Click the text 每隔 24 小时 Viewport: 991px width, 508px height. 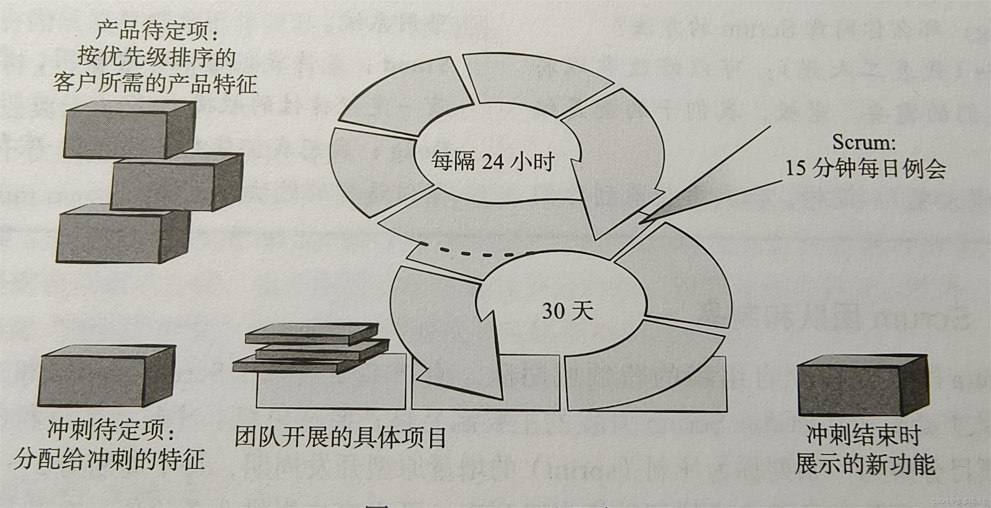click(x=493, y=162)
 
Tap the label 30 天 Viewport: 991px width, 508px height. click(x=568, y=311)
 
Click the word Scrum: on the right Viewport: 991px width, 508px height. click(x=864, y=142)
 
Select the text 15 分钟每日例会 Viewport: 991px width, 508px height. click(x=865, y=169)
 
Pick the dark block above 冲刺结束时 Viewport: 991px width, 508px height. click(x=862, y=386)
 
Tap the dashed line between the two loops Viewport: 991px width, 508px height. click(x=477, y=253)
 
